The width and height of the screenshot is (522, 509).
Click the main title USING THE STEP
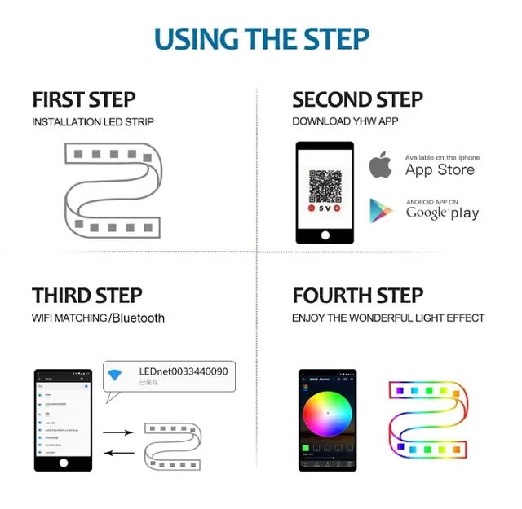(261, 38)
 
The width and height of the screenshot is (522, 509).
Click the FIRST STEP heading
(83, 99)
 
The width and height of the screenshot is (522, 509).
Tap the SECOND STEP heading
(357, 99)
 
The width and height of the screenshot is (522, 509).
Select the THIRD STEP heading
(86, 295)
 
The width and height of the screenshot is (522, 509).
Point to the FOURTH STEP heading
(357, 295)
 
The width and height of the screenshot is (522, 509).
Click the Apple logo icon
(380, 165)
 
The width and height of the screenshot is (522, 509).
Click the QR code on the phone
(324, 186)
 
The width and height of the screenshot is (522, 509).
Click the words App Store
(440, 170)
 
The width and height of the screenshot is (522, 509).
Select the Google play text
(442, 213)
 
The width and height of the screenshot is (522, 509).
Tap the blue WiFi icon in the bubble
(116, 375)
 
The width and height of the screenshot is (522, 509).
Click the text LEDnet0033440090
(184, 371)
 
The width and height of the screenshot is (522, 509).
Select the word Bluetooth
(138, 318)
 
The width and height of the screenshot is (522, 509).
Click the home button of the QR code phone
(325, 235)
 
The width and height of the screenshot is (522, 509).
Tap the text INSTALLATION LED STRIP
(93, 122)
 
